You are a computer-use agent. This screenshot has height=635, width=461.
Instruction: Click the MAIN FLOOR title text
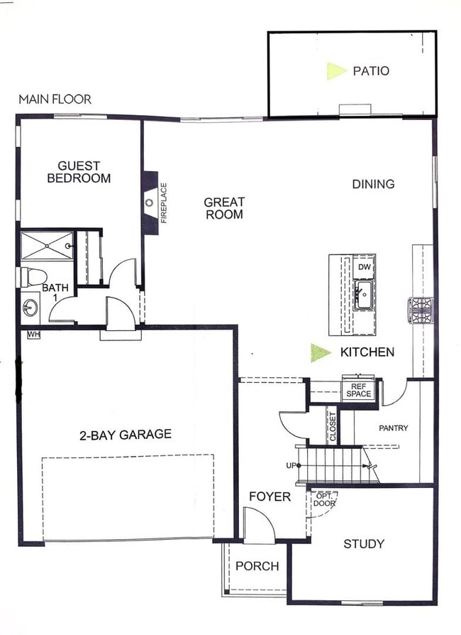pyautogui.click(x=55, y=99)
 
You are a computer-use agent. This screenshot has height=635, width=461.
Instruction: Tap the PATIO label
pyautogui.click(x=371, y=71)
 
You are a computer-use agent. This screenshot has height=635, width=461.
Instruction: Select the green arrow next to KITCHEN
pyautogui.click(x=321, y=352)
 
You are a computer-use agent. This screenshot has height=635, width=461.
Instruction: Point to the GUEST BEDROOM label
pyautogui.click(x=79, y=172)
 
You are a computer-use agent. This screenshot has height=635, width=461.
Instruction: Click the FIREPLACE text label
pyautogui.click(x=163, y=203)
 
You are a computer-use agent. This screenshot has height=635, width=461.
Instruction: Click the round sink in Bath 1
pyautogui.click(x=30, y=308)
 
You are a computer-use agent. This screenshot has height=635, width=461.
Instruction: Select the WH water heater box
pyautogui.click(x=33, y=334)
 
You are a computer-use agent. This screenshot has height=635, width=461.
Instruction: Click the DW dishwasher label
pyautogui.click(x=365, y=267)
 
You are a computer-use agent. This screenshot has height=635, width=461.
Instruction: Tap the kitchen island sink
pyautogui.click(x=365, y=295)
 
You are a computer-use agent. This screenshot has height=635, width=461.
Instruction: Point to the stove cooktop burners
pyautogui.click(x=419, y=310)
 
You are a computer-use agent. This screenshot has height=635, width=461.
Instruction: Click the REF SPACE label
pyautogui.click(x=357, y=390)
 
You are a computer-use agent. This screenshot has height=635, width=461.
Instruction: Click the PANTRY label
pyautogui.click(x=392, y=428)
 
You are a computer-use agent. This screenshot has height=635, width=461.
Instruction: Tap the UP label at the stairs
pyautogui.click(x=289, y=466)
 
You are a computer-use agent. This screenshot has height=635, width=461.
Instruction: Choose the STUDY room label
pyautogui.click(x=364, y=544)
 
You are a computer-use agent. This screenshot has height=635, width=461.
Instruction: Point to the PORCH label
pyautogui.click(x=257, y=566)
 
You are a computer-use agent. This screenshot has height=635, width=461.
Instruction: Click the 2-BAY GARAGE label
pyautogui.click(x=125, y=434)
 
